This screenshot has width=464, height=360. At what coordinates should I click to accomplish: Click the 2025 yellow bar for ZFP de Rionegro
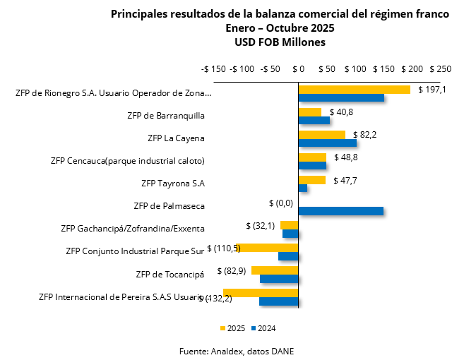[x=354, y=90]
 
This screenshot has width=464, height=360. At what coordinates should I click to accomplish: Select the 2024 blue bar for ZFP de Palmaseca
[x=340, y=210]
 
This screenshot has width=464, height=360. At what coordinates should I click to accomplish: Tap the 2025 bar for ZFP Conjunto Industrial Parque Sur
[x=270, y=248]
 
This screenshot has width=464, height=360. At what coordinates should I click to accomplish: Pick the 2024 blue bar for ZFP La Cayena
[x=327, y=143]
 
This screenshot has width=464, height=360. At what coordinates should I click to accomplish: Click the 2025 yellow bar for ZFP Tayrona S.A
[x=311, y=180]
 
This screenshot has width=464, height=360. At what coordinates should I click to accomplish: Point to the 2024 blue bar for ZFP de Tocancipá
[x=279, y=278]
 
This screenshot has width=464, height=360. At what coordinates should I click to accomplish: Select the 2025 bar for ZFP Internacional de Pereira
[x=261, y=293]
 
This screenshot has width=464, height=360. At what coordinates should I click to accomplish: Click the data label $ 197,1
[x=432, y=90]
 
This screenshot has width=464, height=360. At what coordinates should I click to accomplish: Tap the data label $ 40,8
[x=340, y=112]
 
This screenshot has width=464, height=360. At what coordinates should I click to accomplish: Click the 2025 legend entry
[x=232, y=328]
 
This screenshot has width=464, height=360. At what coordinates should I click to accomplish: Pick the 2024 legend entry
[x=262, y=328]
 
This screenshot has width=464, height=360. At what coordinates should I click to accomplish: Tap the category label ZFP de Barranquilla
[x=167, y=114]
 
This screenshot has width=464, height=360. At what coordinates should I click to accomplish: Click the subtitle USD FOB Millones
[x=280, y=42]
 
